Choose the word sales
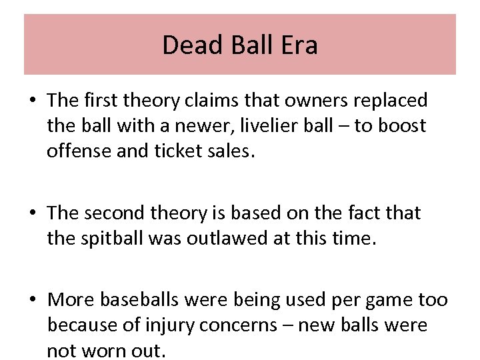231,151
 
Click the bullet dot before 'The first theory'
32,101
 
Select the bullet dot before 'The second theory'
32,214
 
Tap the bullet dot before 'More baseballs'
32,301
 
